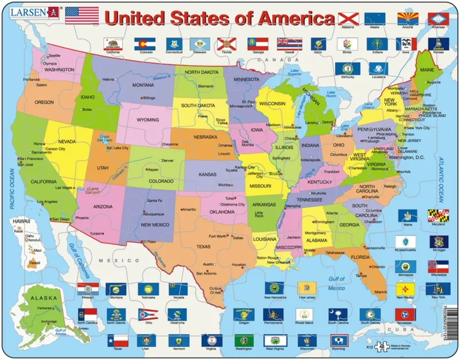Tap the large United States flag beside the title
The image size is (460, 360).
[x=82, y=16]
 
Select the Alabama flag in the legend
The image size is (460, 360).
[x=347, y=19]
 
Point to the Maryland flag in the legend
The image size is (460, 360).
[x=438, y=214]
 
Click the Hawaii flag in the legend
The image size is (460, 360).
[x=286, y=43]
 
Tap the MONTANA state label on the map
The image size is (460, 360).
[x=143, y=85]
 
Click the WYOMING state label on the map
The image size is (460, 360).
[x=148, y=120]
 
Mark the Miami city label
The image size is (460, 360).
[x=381, y=292]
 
